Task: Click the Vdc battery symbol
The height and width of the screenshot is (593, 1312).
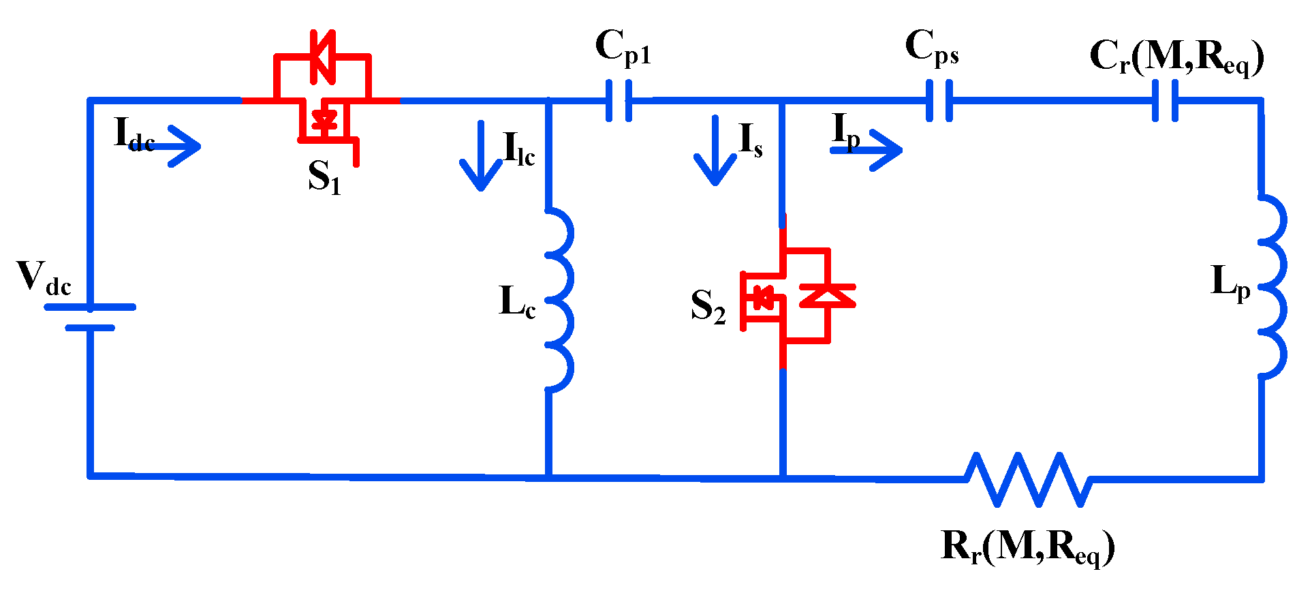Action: click(90, 317)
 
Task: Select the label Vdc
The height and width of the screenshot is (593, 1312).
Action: click(44, 278)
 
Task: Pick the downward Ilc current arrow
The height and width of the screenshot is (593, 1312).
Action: click(481, 157)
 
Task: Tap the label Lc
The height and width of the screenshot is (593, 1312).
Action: click(517, 302)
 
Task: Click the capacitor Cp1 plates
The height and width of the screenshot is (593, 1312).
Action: click(619, 101)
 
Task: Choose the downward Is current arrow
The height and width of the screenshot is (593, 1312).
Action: click(715, 151)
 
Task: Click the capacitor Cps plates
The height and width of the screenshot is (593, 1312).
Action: click(939, 101)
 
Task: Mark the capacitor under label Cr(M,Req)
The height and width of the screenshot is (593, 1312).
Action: click(1166, 101)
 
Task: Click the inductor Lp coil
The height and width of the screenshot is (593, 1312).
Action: click(1271, 286)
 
